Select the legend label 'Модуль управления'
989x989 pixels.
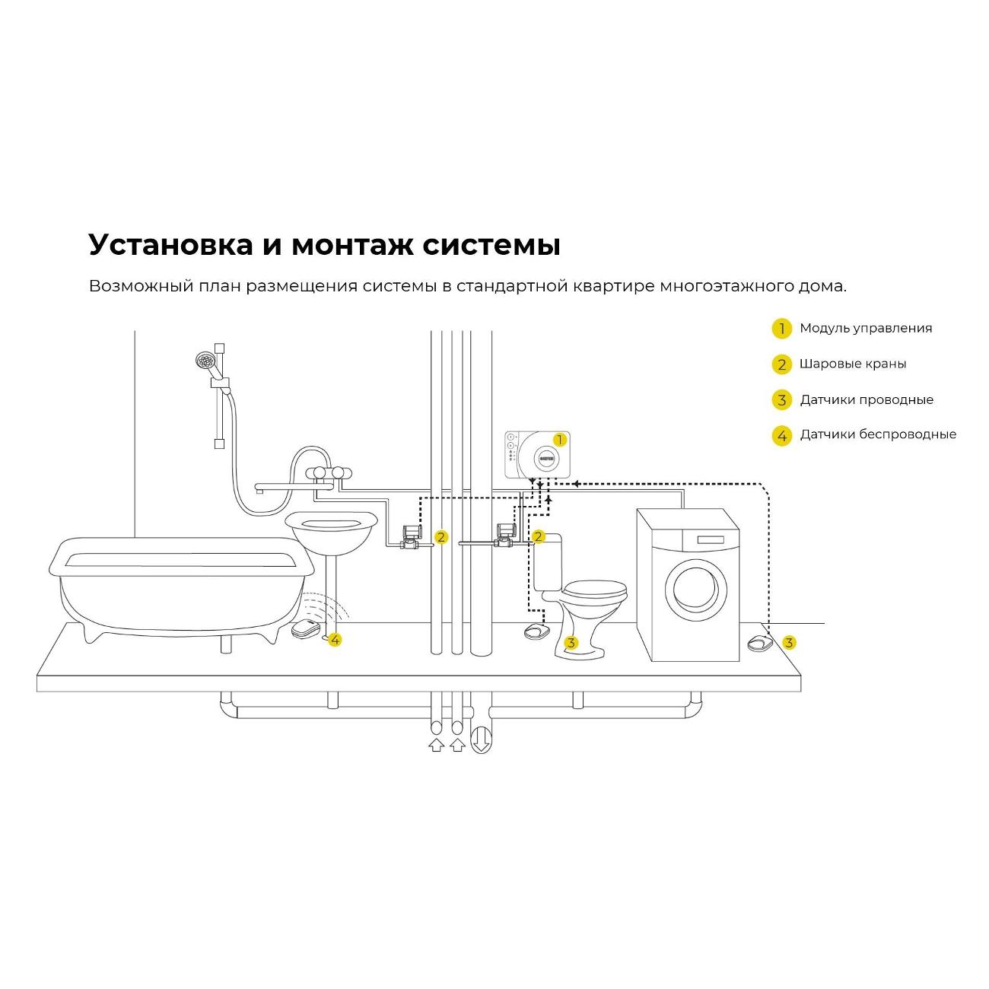click(x=865, y=328)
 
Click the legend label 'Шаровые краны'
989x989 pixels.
click(x=852, y=364)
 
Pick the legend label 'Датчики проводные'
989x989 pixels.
click(x=866, y=399)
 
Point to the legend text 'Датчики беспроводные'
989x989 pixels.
click(x=877, y=434)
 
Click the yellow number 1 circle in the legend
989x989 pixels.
click(x=781, y=329)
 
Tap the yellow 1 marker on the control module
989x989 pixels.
click(x=560, y=440)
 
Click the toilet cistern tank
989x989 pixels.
click(x=548, y=563)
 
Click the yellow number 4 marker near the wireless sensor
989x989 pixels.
click(x=335, y=640)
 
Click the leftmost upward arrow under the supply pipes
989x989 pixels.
click(x=436, y=745)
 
